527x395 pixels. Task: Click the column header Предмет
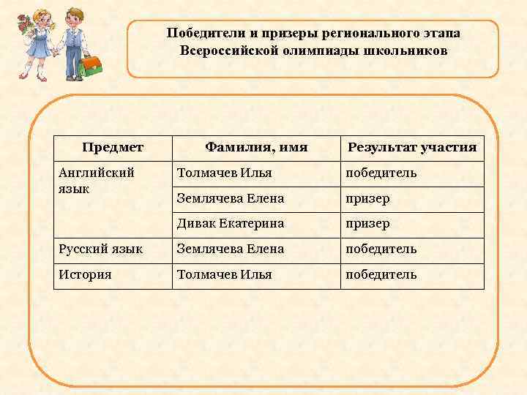[113, 148]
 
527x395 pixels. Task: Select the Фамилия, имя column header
[256, 148]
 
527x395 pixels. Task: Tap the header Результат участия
[412, 148]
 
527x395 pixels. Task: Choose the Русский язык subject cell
[101, 249]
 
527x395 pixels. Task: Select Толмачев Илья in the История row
[225, 274]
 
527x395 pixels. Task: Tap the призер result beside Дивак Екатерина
[368, 223]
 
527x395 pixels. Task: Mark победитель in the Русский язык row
[381, 249]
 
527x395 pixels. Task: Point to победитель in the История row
[381, 274]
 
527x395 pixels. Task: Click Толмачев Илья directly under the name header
[225, 173]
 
